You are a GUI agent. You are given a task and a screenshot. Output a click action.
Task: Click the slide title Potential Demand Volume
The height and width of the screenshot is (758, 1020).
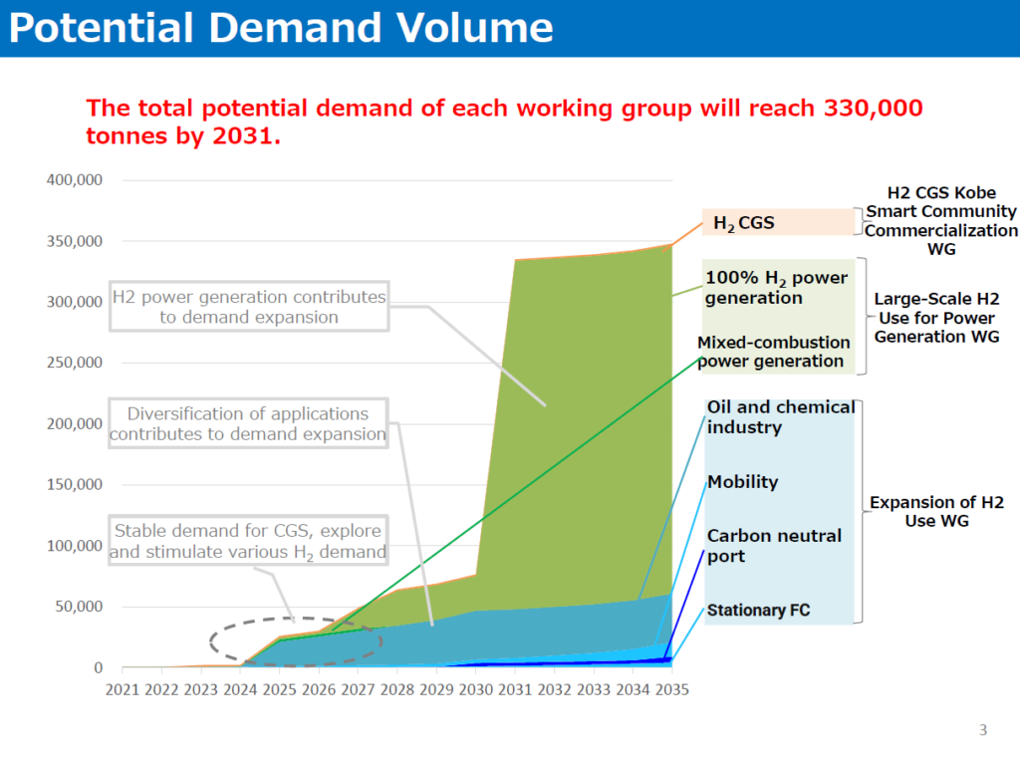pyautogui.click(x=280, y=28)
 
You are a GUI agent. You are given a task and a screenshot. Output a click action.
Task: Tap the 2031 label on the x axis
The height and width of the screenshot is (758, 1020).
pyautogui.click(x=515, y=688)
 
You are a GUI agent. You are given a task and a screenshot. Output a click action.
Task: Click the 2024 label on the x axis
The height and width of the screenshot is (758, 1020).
pyautogui.click(x=241, y=688)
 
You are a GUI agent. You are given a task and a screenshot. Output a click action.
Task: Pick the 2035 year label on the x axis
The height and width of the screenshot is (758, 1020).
pyautogui.click(x=671, y=688)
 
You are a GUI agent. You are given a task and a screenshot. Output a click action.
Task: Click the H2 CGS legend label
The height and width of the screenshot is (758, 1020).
pyautogui.click(x=743, y=223)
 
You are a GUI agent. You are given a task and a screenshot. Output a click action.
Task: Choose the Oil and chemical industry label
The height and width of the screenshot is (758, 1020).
pyautogui.click(x=780, y=417)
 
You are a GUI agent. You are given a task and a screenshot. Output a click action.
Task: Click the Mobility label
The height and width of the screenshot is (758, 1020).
pyautogui.click(x=742, y=482)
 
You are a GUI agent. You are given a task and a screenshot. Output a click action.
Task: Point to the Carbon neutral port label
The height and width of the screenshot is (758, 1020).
pyautogui.click(x=774, y=546)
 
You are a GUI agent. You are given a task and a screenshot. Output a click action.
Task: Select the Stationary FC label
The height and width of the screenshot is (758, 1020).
pyautogui.click(x=759, y=610)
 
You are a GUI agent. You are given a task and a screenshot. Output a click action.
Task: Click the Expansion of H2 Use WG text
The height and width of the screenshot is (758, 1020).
pyautogui.click(x=937, y=511)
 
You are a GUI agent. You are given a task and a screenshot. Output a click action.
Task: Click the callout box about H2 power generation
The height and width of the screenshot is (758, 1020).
pyautogui.click(x=248, y=307)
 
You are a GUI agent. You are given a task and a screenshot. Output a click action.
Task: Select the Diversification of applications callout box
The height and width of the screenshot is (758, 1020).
pyautogui.click(x=247, y=423)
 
